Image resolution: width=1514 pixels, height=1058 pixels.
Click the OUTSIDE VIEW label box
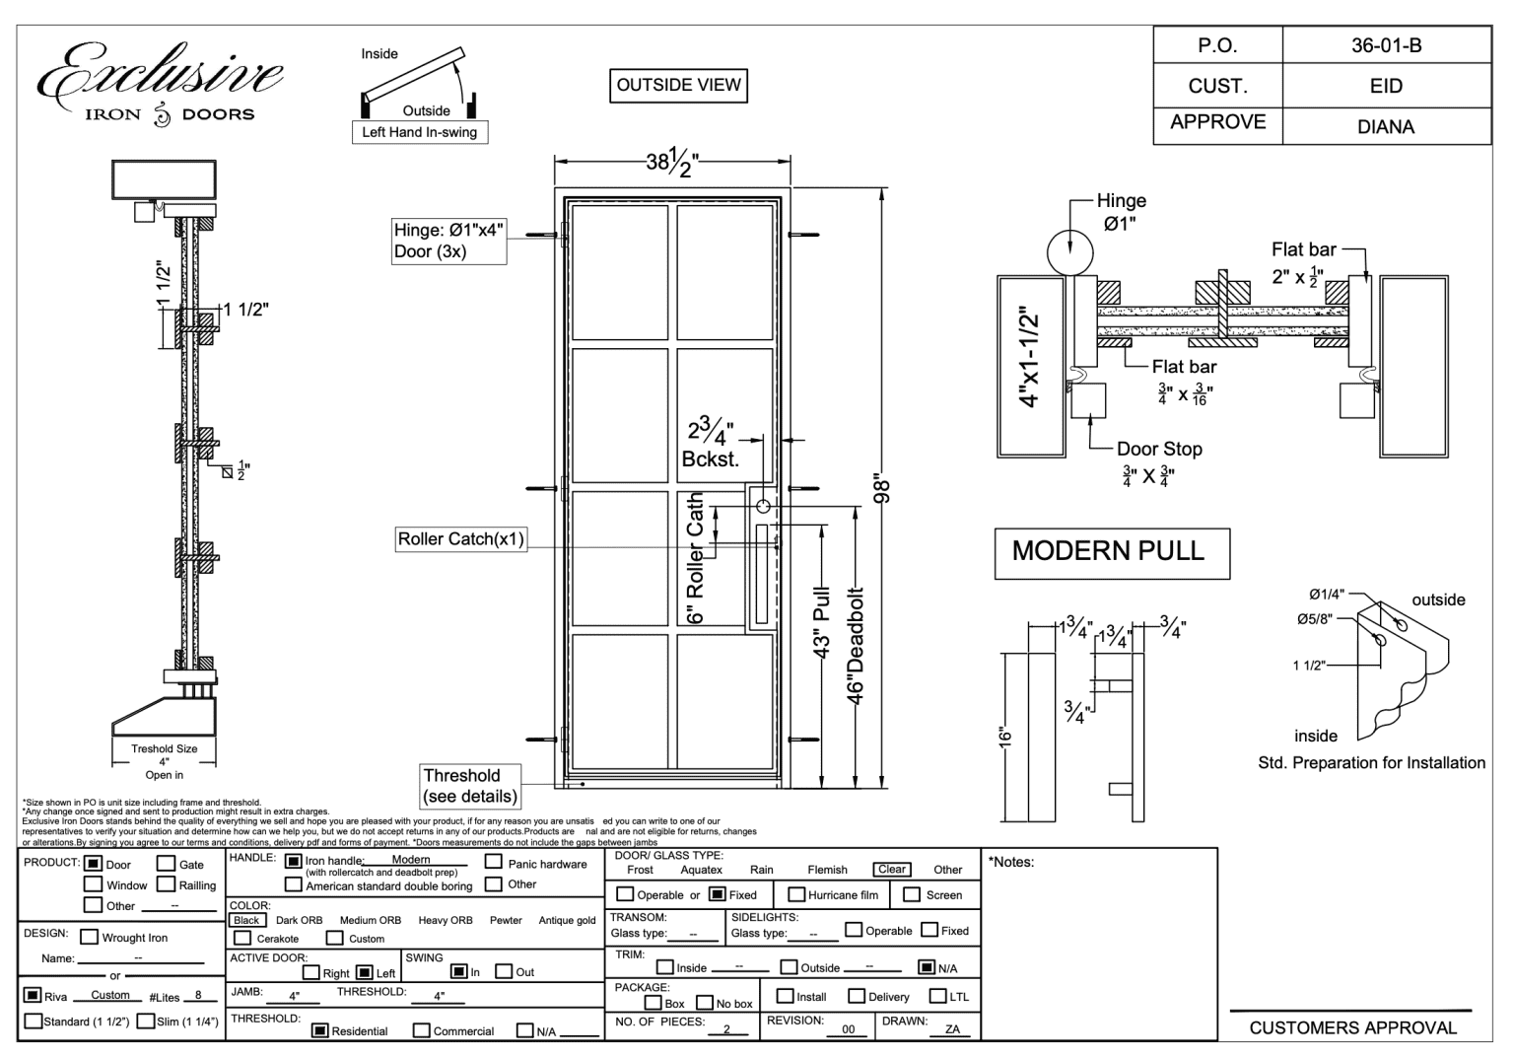tap(678, 85)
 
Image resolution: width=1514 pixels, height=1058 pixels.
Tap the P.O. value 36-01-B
tap(1386, 45)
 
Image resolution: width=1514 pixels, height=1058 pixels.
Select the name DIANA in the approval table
tap(1386, 126)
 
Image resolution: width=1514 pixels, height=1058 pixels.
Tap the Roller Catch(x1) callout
tap(460, 539)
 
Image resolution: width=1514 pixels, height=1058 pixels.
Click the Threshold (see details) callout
tap(470, 786)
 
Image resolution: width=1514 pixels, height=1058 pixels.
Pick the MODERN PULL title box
tap(1112, 551)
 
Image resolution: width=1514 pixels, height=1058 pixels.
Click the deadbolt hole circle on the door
tap(762, 507)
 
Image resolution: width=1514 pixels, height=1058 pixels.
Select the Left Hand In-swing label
tap(419, 132)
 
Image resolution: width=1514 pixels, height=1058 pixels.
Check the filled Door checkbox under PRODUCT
tap(94, 864)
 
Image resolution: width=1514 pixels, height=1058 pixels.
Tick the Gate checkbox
tap(168, 864)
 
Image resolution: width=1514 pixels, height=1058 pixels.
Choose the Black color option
tap(246, 920)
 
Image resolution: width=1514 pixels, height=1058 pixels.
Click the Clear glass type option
tap(891, 870)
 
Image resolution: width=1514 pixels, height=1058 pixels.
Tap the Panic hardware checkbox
tap(494, 862)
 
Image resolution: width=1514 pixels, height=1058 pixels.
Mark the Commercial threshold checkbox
tap(422, 1030)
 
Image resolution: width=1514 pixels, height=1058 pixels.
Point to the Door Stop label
tap(1159, 449)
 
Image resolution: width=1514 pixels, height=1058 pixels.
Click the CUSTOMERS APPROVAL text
tap(1352, 1027)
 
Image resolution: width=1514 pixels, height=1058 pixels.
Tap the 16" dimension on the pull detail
tap(1004, 737)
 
